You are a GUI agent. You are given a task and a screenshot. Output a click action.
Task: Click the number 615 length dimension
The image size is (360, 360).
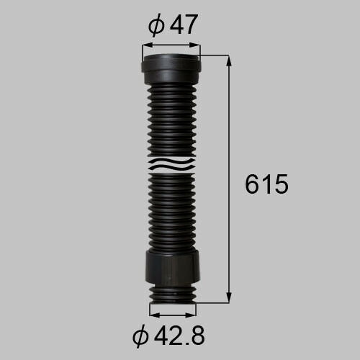[x=266, y=184]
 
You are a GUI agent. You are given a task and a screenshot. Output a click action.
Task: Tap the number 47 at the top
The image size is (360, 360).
[x=184, y=24]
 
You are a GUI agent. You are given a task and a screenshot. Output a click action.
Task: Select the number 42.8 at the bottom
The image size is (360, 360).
[x=179, y=335]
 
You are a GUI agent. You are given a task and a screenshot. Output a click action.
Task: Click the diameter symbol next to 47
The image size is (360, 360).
[x=156, y=25]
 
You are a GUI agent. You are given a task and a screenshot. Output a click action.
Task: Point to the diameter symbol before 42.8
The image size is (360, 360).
[x=140, y=336]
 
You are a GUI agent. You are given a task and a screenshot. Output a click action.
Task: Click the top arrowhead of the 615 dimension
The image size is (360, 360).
[x=229, y=60]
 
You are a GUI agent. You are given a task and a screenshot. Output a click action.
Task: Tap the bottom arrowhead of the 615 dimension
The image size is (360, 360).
[x=229, y=297]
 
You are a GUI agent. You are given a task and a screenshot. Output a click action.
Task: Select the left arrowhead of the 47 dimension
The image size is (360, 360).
[x=147, y=45]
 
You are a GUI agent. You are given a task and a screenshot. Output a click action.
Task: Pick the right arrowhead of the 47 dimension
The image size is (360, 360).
[x=195, y=45]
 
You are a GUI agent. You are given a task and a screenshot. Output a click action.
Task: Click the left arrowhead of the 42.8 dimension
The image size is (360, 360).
[x=154, y=315]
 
